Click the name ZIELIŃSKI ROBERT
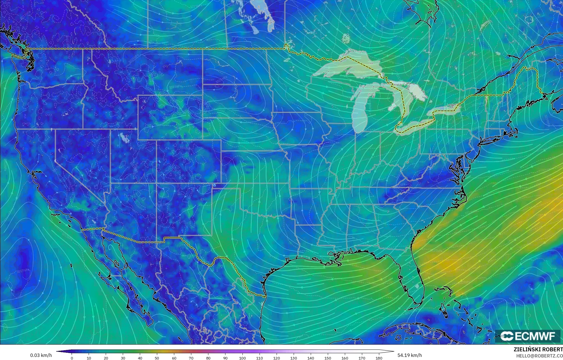pyautogui.click(x=538, y=350)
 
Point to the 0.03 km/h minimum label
pyautogui.click(x=41, y=355)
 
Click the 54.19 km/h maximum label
pyautogui.click(x=409, y=355)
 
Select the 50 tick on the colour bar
pyautogui.click(x=157, y=358)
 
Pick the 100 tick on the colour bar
pyautogui.click(x=242, y=358)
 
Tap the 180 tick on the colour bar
pyautogui.click(x=379, y=358)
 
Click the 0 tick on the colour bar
pyautogui.click(x=72, y=358)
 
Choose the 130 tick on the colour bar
pyautogui.click(x=294, y=358)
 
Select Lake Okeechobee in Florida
pyautogui.click(x=417, y=286)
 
